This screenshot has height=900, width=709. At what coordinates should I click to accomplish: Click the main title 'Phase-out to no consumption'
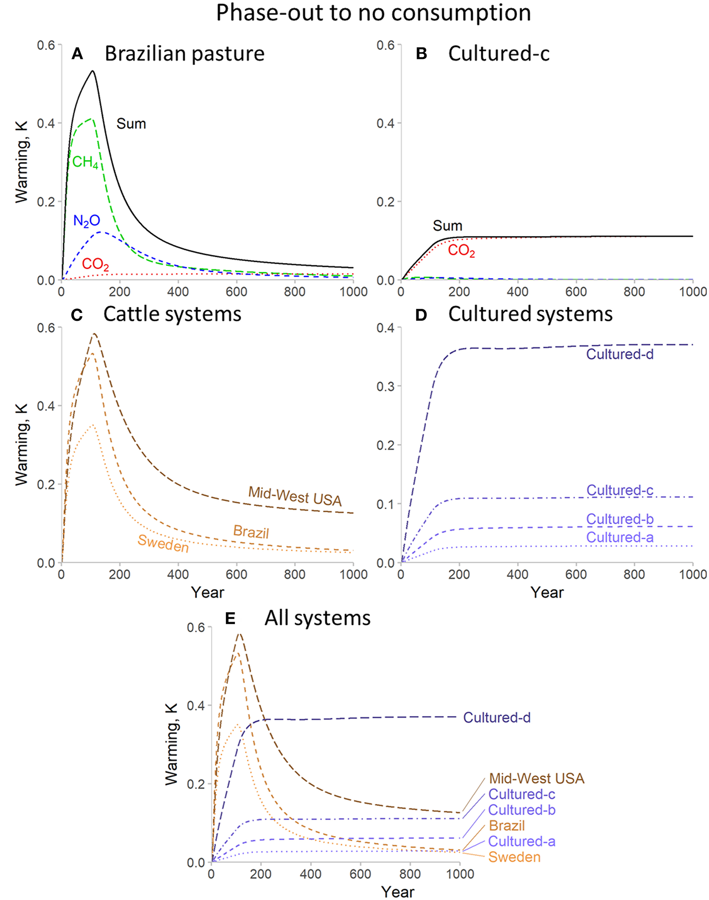[x=373, y=13]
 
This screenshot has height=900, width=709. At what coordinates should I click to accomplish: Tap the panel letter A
[x=77, y=54]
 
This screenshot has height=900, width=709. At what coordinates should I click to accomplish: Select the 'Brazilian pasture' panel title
[x=184, y=54]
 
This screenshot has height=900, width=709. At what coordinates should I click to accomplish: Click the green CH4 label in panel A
[x=85, y=162]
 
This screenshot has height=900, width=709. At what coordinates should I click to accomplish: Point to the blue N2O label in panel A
[x=86, y=220]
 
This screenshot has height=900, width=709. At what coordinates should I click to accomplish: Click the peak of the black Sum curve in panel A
[x=92, y=71]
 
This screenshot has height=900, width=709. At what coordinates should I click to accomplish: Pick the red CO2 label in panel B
[x=461, y=250]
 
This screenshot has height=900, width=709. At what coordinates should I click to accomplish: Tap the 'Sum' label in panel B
[x=447, y=226]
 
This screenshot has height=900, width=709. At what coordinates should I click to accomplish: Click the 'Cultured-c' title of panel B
[x=498, y=54]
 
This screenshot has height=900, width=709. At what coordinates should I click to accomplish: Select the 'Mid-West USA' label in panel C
[x=295, y=496]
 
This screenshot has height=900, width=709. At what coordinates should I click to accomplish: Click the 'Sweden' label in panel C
[x=163, y=544]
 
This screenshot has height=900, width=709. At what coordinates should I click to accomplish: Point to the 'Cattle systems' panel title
[x=172, y=314]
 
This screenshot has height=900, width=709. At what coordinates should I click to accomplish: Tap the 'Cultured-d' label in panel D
[x=619, y=354]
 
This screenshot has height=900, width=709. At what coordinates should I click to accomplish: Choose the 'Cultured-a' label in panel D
[x=619, y=537]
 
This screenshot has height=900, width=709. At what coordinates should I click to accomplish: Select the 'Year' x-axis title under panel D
[x=547, y=593]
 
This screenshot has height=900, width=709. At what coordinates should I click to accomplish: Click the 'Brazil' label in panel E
[x=506, y=826]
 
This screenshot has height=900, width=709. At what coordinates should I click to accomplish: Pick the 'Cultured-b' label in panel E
[x=521, y=810]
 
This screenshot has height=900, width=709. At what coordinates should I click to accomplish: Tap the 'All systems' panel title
[x=317, y=618]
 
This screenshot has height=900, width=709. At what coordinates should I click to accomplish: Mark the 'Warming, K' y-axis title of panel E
[x=171, y=745]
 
